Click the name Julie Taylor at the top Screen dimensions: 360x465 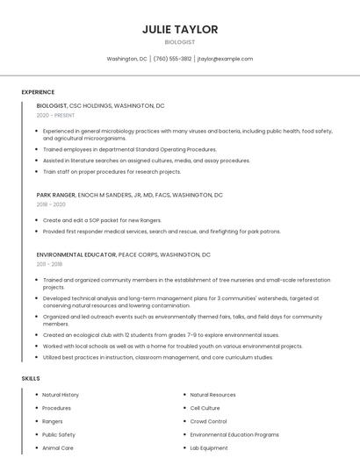click(x=180, y=29)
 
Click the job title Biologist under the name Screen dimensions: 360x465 click(x=180, y=42)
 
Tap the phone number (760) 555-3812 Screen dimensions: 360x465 click(x=172, y=59)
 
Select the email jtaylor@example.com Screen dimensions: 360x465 click(x=225, y=59)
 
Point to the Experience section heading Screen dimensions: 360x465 click(x=38, y=92)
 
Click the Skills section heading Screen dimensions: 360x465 click(x=30, y=378)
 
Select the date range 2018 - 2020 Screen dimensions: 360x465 click(x=51, y=204)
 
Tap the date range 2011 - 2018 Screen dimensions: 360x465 click(x=49, y=263)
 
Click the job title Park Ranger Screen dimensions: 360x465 click(x=55, y=195)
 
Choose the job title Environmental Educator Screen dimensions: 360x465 click(x=76, y=254)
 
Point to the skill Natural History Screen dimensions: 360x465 click(x=61, y=395)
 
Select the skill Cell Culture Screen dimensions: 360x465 click(x=205, y=408)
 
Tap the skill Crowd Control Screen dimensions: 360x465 click(x=209, y=421)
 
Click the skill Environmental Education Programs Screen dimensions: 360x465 click(x=234, y=434)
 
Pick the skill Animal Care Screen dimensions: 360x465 click(x=58, y=447)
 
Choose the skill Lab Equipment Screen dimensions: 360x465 click(x=209, y=447)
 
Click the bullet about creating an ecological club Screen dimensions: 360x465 click(x=161, y=334)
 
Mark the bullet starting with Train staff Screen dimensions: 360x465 click(x=99, y=172)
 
